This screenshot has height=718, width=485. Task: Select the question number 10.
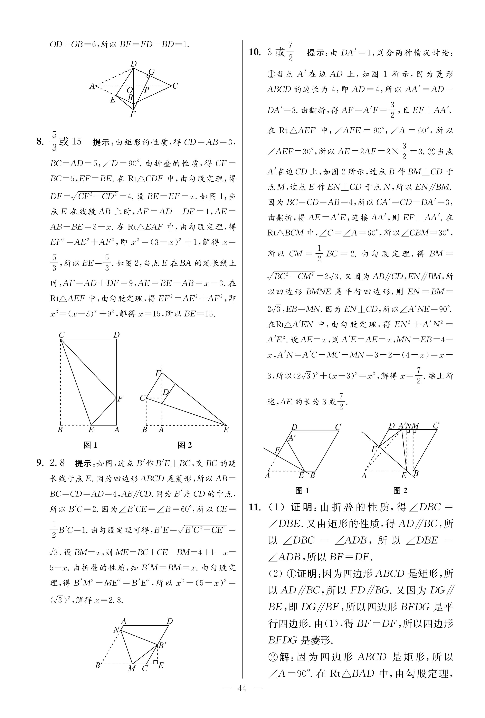click(x=255, y=52)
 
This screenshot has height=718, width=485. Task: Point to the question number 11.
click(x=255, y=507)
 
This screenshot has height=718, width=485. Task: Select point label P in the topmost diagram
click(x=147, y=90)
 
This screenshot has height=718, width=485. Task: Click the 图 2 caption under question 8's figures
click(x=185, y=445)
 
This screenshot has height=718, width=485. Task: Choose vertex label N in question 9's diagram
click(x=116, y=630)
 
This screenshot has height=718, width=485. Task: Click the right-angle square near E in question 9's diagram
click(x=155, y=662)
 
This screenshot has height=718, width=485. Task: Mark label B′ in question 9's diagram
click(x=162, y=645)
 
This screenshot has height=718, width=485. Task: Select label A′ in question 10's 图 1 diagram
click(x=292, y=438)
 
